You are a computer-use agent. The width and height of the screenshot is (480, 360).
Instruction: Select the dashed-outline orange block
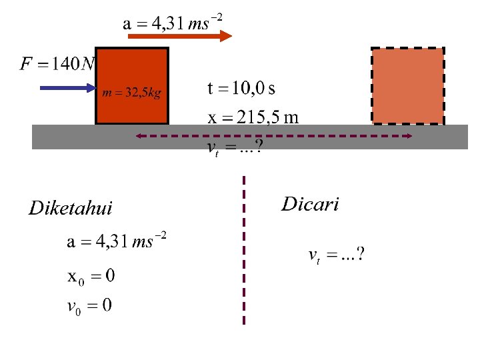[x=407, y=86]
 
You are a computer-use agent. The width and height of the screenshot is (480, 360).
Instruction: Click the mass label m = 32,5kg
[x=131, y=93]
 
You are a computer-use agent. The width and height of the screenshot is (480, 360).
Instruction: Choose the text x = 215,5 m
[x=253, y=118]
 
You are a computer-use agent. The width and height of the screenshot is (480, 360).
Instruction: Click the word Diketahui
[x=71, y=209]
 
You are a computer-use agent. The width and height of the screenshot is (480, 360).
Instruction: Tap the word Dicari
[x=310, y=204]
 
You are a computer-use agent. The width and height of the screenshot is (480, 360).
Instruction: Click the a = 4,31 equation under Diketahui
[x=117, y=242]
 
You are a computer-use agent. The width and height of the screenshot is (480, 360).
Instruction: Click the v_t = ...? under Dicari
[x=336, y=255]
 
